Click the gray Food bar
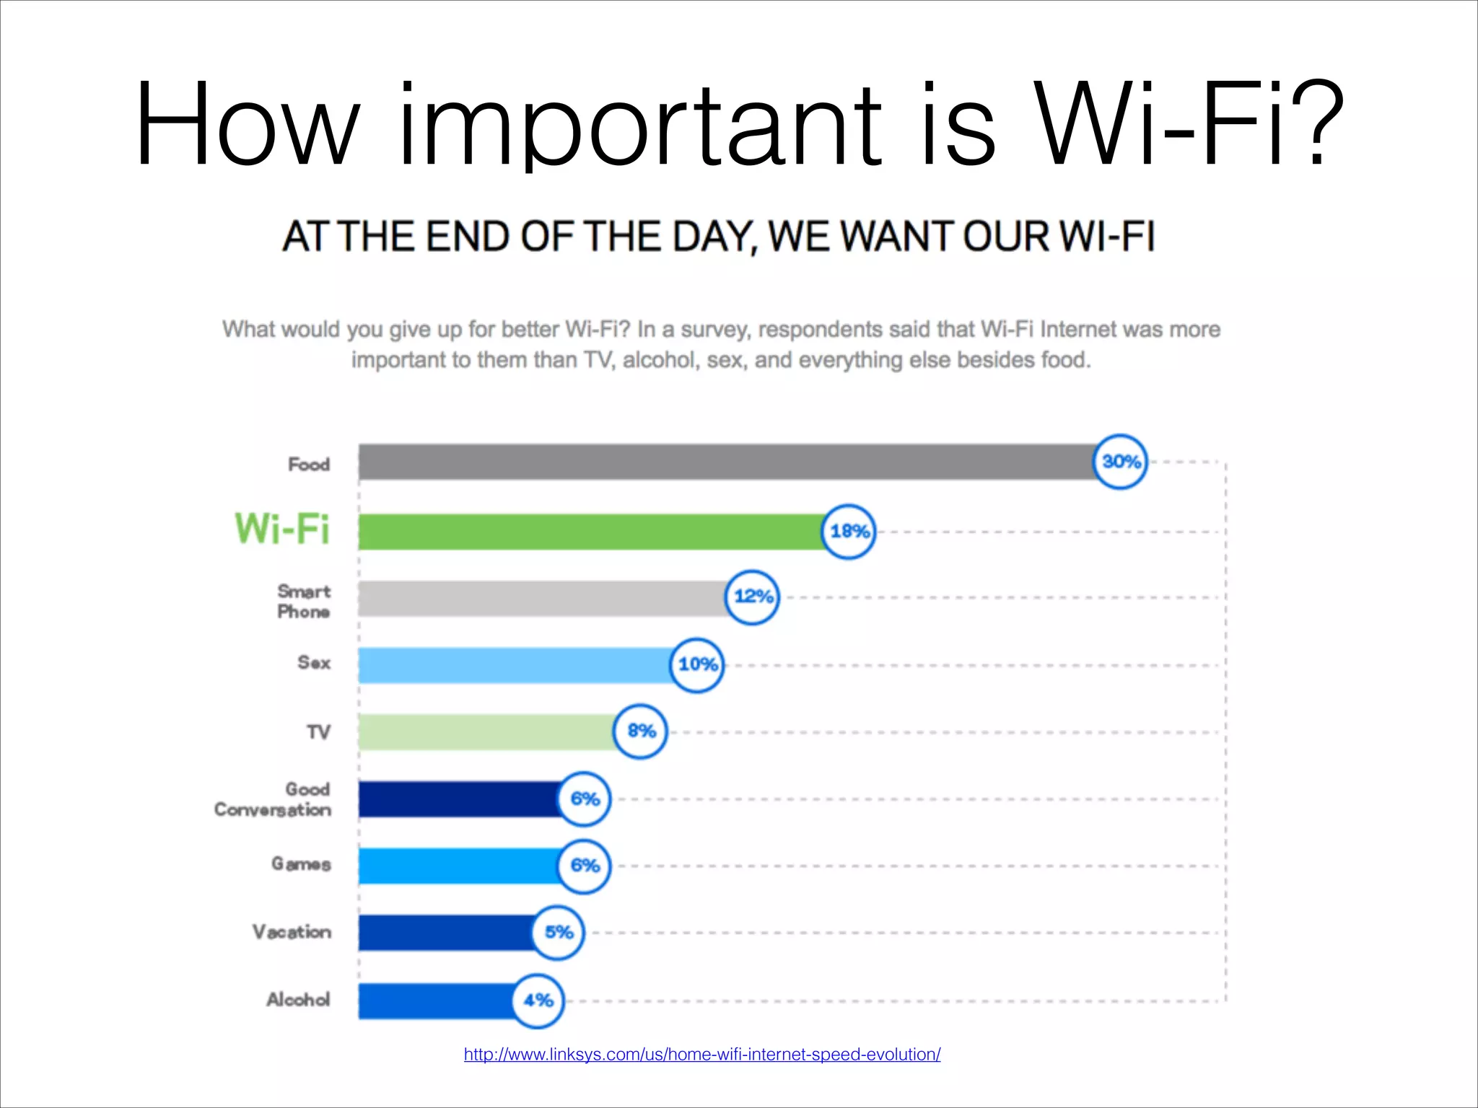(725, 462)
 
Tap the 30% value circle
(1120, 462)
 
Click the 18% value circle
(849, 532)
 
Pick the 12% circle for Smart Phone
(752, 597)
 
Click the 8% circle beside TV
(640, 731)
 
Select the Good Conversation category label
(273, 799)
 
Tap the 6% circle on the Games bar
(584, 866)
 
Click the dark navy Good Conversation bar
(459, 799)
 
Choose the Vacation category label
(292, 932)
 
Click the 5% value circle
(558, 933)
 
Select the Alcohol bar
(437, 1001)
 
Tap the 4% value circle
(538, 1001)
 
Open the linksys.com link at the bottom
(701, 1055)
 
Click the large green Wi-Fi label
(282, 529)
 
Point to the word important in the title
(640, 126)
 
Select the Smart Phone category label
(304, 602)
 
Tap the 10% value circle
(696, 665)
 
